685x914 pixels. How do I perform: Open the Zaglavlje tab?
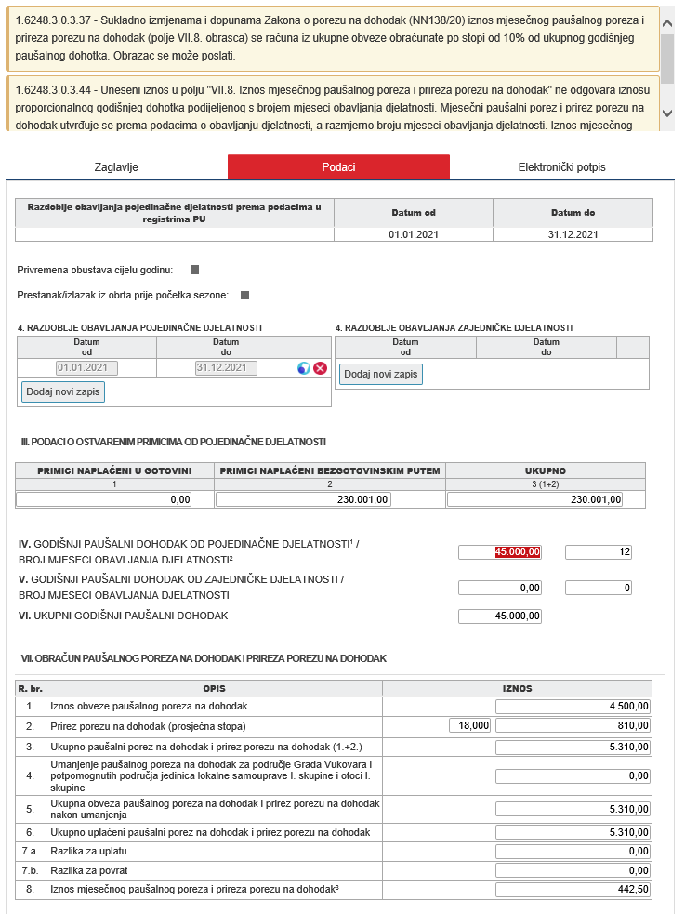click(116, 167)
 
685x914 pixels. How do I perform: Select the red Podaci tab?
click(338, 167)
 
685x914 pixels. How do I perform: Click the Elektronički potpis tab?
click(561, 167)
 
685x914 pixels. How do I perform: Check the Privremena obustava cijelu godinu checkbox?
click(195, 270)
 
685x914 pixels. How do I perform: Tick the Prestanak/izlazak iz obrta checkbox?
click(245, 296)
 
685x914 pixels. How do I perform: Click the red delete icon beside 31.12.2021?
click(321, 368)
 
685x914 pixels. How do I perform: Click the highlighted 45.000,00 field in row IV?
click(500, 552)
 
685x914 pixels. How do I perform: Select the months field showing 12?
click(599, 552)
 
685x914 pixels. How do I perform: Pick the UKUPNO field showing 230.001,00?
click(534, 499)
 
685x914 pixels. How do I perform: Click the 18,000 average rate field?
click(469, 725)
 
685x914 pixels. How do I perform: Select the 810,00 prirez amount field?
click(573, 725)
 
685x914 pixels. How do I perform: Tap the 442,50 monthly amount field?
click(573, 890)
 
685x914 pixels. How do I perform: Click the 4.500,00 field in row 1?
click(573, 706)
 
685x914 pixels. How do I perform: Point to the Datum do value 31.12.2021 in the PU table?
click(573, 234)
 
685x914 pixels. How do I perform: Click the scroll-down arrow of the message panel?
click(667, 113)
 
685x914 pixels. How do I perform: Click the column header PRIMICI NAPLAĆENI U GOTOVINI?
click(114, 470)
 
